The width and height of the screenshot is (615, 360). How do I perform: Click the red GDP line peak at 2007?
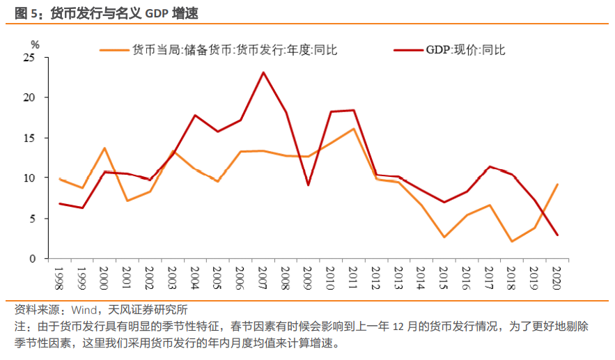coord(263,72)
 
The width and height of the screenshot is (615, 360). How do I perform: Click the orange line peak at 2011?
coord(354,129)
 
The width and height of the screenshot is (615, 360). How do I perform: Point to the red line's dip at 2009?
coord(309,185)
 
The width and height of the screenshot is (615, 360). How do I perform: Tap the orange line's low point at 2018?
coord(512,241)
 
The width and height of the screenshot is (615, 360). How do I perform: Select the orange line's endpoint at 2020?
coord(557,185)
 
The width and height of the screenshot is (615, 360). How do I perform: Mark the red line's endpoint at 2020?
coord(557,235)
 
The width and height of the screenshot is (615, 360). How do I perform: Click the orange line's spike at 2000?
coord(104,148)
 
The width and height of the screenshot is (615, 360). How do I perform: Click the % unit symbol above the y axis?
coord(36,44)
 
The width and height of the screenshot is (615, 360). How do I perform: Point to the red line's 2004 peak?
coord(196,115)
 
